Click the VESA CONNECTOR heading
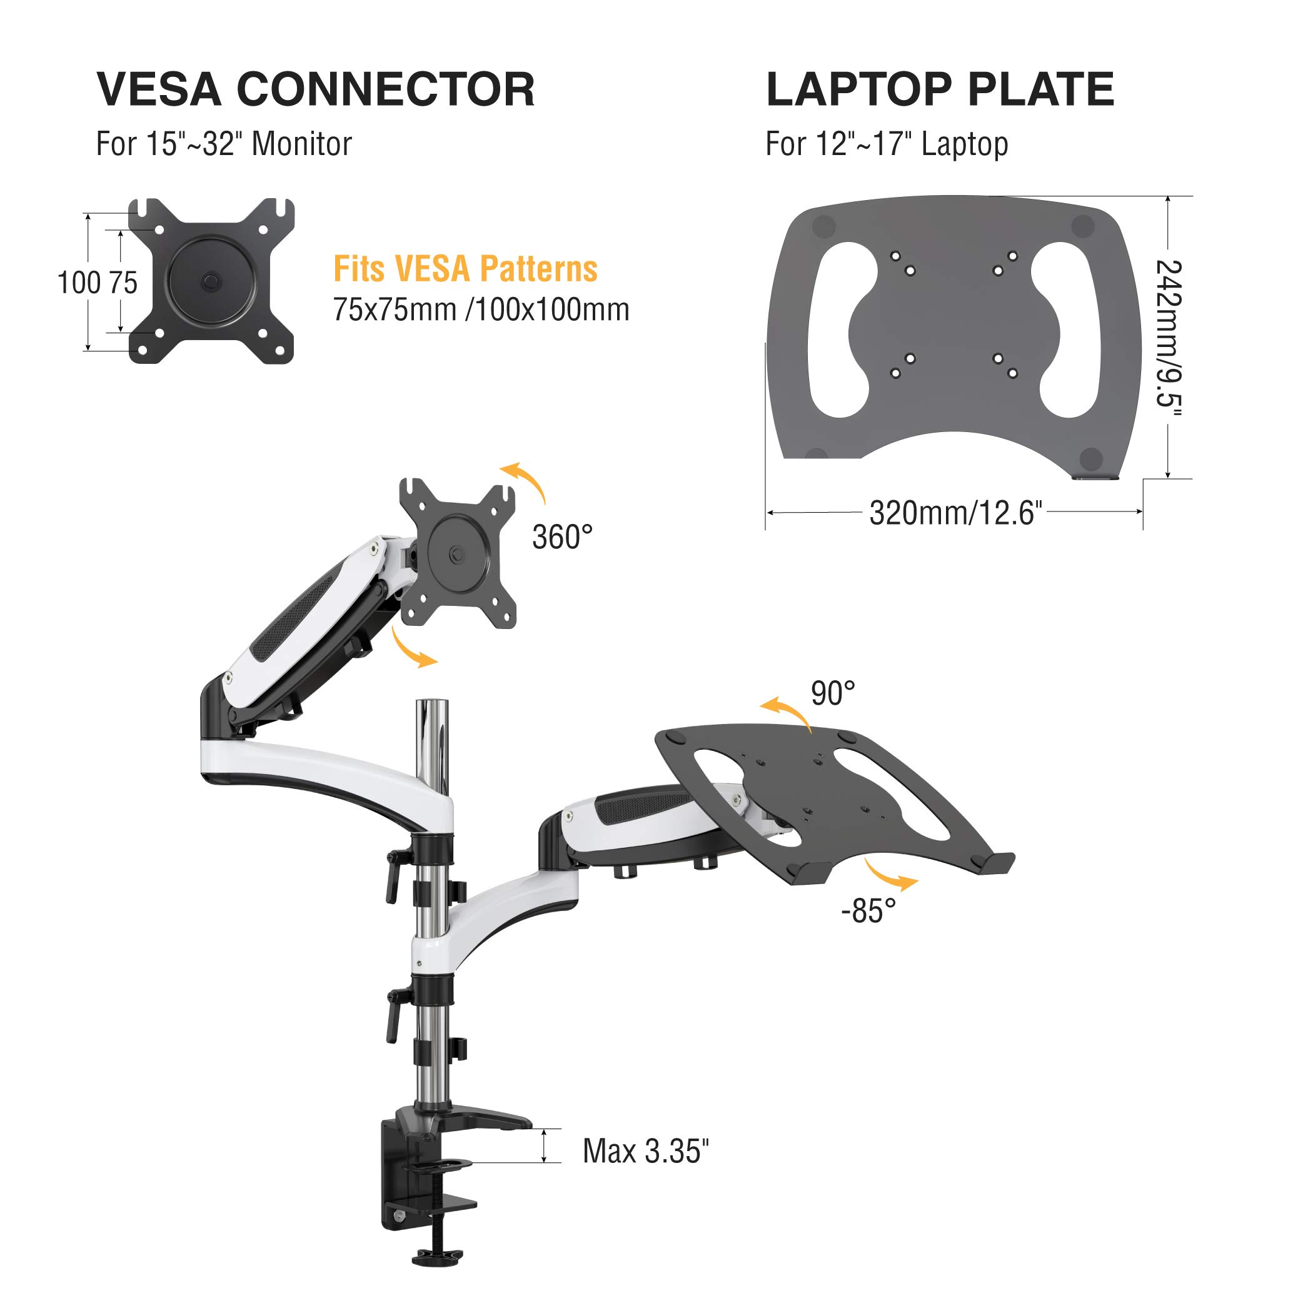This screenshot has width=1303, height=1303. (316, 89)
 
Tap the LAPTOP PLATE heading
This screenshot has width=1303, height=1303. (940, 89)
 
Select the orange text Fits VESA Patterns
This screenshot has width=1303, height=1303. (465, 268)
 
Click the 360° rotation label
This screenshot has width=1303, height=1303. (563, 537)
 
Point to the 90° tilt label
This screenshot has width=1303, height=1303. (833, 693)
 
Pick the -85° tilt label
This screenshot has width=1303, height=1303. (868, 910)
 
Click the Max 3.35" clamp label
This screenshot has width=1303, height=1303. (646, 1150)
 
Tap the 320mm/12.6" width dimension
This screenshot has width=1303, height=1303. (955, 513)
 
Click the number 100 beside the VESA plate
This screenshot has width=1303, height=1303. (79, 283)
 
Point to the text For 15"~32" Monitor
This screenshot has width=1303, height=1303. (224, 144)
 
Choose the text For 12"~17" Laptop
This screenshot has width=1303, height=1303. (887, 144)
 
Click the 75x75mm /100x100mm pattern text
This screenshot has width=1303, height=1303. (481, 309)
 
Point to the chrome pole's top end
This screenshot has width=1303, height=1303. (432, 702)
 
